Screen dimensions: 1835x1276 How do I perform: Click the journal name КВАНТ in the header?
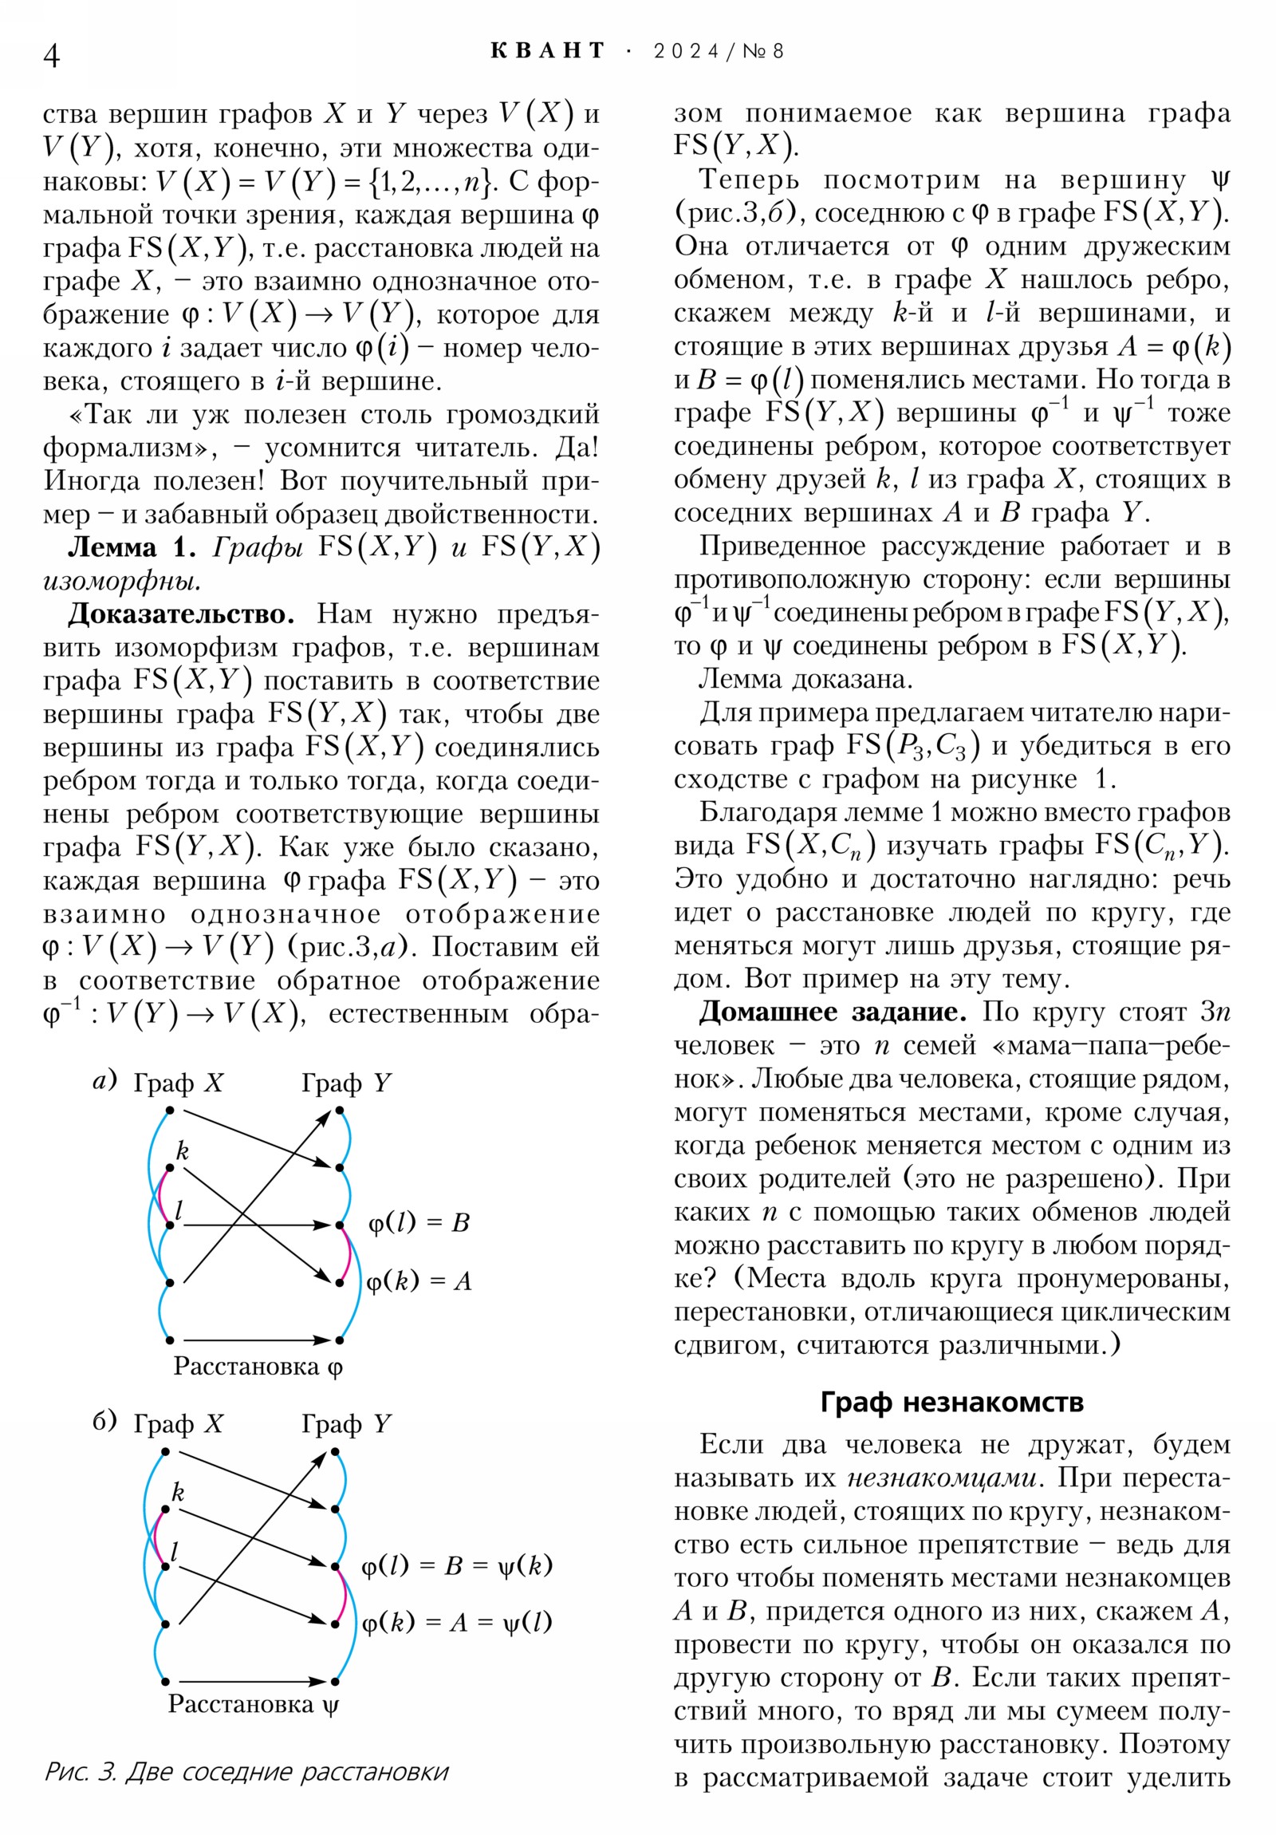click(548, 51)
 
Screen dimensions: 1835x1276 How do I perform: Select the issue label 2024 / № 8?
click(719, 51)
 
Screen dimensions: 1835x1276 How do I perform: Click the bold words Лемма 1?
click(132, 547)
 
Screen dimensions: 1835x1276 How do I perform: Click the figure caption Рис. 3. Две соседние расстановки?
click(246, 1771)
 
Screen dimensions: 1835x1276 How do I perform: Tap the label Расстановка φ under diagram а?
click(258, 1366)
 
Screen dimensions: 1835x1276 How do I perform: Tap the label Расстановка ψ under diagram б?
click(254, 1704)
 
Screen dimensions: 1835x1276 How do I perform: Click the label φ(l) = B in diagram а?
click(419, 1223)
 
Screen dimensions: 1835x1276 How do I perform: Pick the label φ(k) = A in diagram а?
click(419, 1281)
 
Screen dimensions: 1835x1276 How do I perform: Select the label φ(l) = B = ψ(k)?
click(457, 1565)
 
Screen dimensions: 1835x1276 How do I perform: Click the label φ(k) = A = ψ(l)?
click(457, 1623)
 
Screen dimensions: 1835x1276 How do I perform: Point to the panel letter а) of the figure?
click(104, 1080)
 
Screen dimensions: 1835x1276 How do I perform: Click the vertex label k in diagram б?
click(178, 1491)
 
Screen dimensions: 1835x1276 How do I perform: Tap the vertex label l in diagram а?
click(179, 1211)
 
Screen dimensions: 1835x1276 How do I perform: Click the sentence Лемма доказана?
click(805, 679)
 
